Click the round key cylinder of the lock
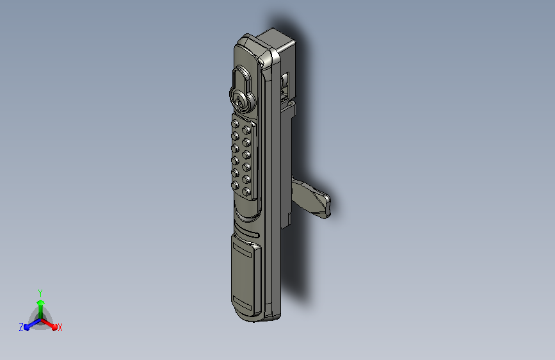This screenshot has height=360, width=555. coord(241,101)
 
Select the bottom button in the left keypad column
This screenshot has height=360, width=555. coord(235,185)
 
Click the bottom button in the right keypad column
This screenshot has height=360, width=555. coord(246,192)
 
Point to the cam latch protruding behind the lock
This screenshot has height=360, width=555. coord(312,197)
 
